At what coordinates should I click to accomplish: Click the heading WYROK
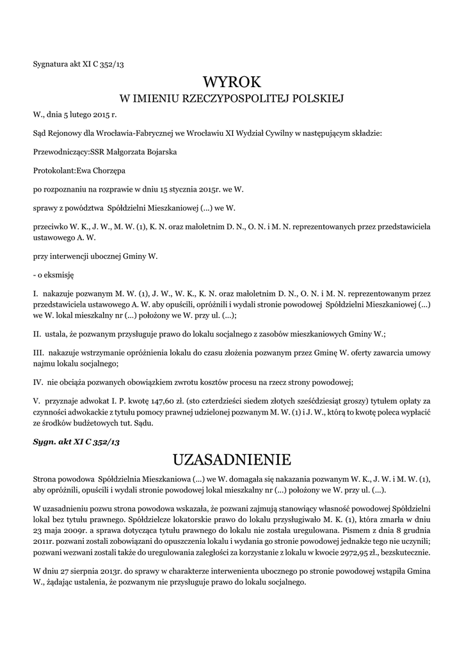(232, 82)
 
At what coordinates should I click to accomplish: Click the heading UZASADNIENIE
(232, 459)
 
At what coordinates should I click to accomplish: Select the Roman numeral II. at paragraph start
(37, 334)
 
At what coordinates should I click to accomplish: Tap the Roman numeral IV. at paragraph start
(38, 382)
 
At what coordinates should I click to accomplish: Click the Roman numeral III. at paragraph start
(38, 353)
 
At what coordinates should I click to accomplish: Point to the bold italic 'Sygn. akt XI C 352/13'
(76, 441)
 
